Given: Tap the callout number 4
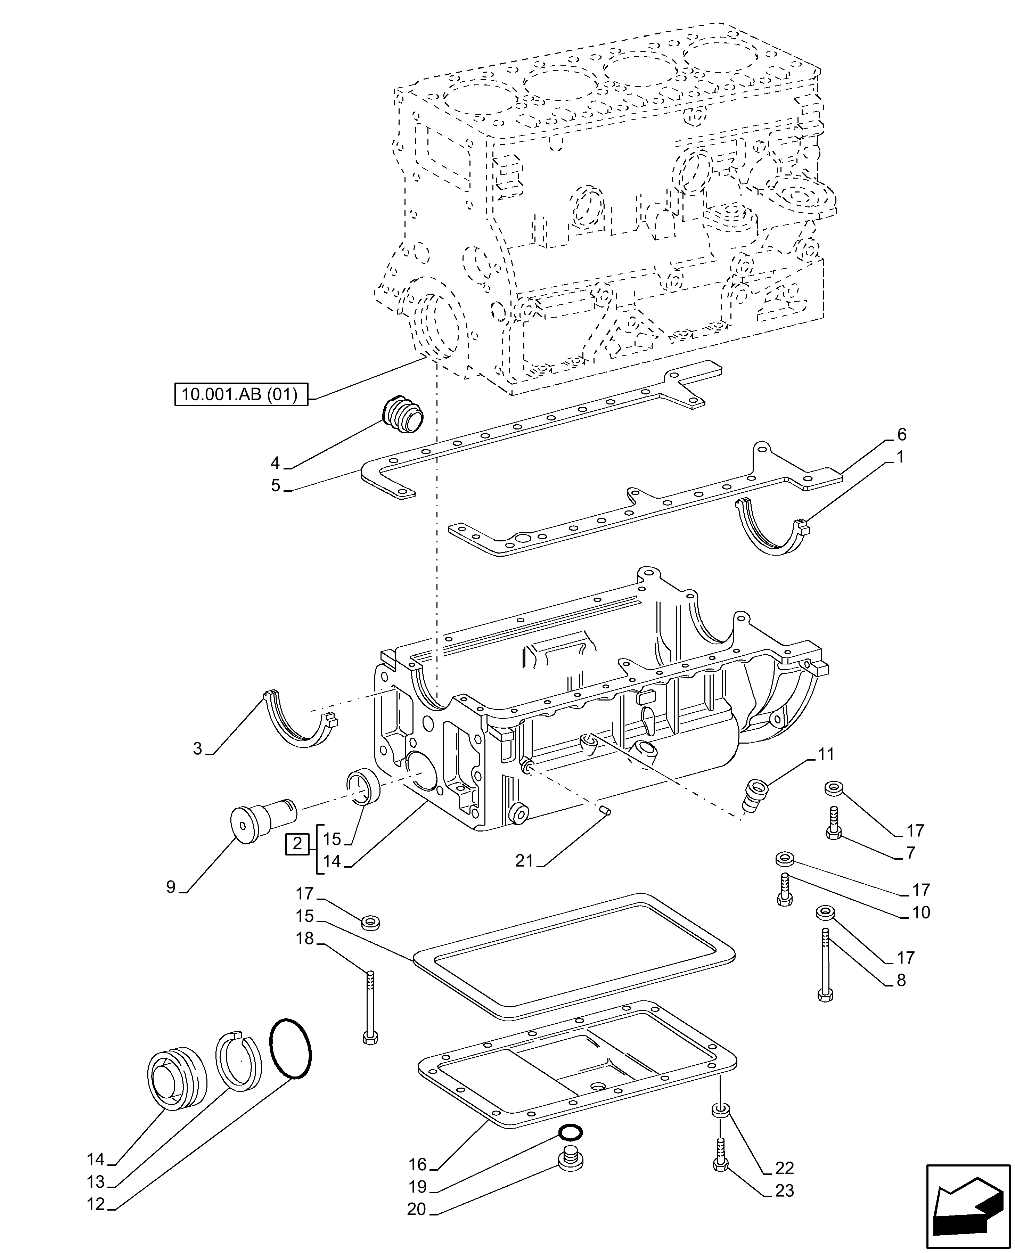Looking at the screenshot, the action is click(276, 464).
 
